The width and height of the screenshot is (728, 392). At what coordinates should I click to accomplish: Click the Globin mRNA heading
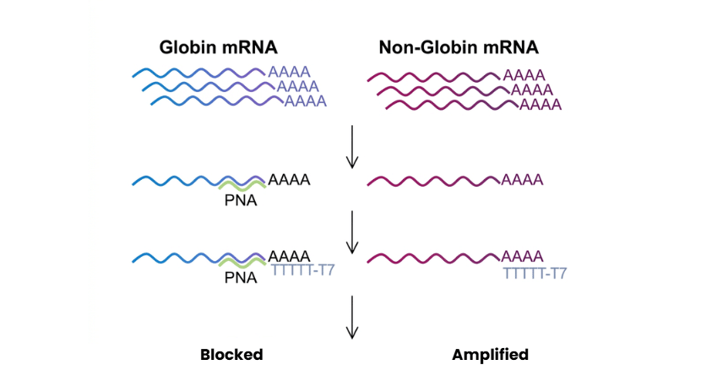[219, 47]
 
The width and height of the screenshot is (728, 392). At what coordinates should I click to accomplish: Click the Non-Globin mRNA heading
[458, 47]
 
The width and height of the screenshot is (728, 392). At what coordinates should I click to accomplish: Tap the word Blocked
[231, 355]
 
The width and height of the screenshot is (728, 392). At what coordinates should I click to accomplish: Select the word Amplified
[490, 355]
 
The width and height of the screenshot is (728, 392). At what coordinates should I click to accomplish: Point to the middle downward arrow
[353, 231]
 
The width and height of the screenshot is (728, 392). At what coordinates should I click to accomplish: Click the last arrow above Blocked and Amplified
[353, 318]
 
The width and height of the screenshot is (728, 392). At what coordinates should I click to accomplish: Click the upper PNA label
[241, 201]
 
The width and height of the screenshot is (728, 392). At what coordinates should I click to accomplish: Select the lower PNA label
[241, 277]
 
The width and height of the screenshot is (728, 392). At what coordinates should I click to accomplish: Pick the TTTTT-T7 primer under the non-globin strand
[535, 272]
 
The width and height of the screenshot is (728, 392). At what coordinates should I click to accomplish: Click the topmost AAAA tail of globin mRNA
[289, 72]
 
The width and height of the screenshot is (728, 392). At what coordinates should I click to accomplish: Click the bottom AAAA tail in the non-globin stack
[540, 105]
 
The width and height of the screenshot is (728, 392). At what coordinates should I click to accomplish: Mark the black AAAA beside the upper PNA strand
[289, 180]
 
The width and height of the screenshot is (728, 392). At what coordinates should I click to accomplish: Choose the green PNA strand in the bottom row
[241, 263]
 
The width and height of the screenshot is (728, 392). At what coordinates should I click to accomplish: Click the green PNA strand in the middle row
[241, 187]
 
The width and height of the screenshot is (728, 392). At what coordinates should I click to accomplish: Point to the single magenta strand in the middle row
[433, 181]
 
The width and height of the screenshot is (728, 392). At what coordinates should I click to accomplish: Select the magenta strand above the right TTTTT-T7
[433, 256]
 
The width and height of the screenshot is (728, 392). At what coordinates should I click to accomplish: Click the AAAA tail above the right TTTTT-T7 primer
[522, 255]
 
